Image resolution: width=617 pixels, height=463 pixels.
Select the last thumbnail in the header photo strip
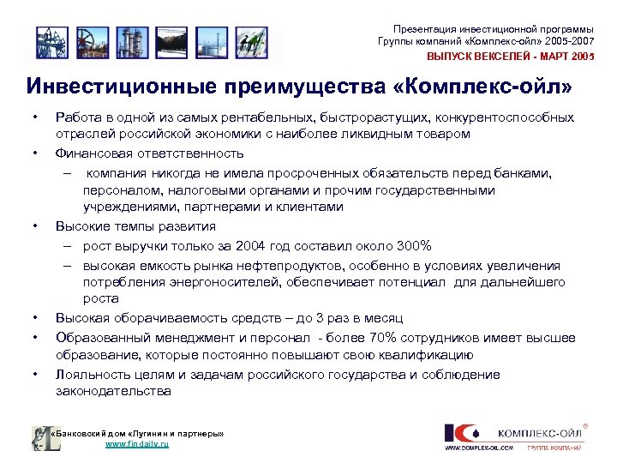tap(248, 40)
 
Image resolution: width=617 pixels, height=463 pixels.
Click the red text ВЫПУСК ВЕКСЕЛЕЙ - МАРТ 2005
tap(511, 57)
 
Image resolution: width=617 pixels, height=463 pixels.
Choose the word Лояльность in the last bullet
tap(94, 374)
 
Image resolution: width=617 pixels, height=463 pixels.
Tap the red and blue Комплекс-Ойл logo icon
tap(463, 432)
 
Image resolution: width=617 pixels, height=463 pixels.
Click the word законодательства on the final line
tap(113, 392)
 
